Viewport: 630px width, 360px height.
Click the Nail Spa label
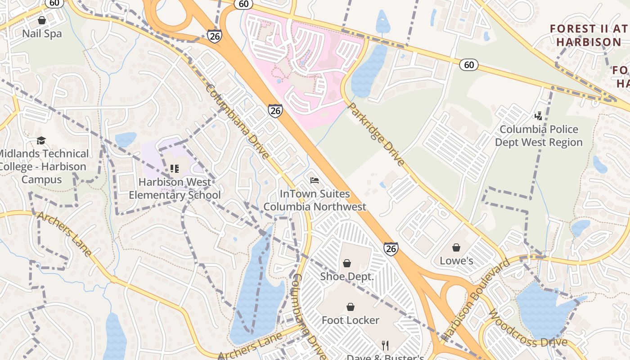click(x=42, y=34)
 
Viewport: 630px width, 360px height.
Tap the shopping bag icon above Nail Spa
click(x=42, y=20)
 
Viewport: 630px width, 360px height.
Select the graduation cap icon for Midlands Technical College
click(x=41, y=140)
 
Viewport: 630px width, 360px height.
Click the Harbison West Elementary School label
click(x=175, y=189)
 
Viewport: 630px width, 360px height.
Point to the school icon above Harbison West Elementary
click(x=175, y=169)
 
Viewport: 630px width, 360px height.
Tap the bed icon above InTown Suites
click(x=315, y=180)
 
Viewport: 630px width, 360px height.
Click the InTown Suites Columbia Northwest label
click(x=315, y=200)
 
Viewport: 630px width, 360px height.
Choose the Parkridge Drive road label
click(x=376, y=134)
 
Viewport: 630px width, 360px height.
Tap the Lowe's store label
click(x=456, y=261)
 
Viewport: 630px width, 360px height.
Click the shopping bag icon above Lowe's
click(x=456, y=247)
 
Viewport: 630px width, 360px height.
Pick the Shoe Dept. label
click(x=347, y=276)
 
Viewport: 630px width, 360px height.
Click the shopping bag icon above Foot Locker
click(x=351, y=307)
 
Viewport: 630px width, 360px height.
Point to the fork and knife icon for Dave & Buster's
click(x=385, y=345)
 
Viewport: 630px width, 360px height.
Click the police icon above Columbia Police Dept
click(x=538, y=116)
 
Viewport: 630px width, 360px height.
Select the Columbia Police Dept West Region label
click(x=539, y=136)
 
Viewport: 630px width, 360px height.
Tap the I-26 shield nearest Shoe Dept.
click(x=391, y=248)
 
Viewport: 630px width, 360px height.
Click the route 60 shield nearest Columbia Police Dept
click(x=468, y=65)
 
